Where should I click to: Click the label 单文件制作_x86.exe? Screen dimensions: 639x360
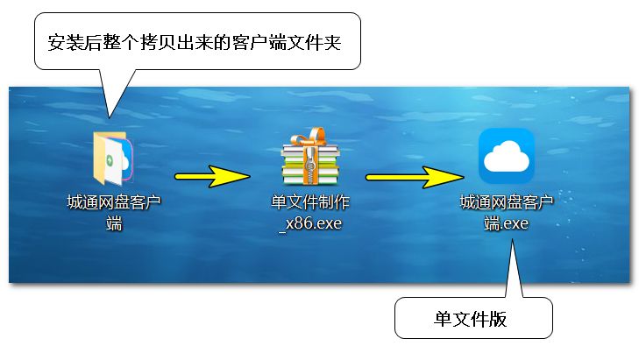coord(310,213)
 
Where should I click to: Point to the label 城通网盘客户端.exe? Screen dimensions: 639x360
coord(507,213)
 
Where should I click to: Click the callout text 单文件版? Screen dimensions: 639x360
coord(471,318)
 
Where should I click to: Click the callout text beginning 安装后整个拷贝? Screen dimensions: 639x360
coord(196,42)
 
